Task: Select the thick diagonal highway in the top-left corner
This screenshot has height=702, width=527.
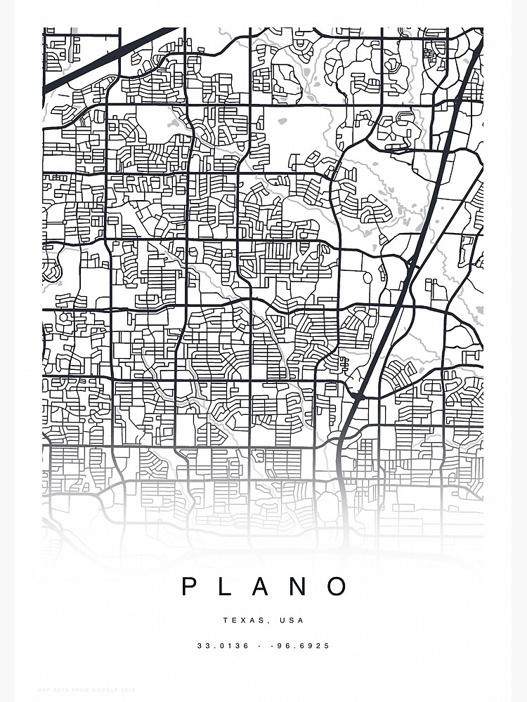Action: [105, 60]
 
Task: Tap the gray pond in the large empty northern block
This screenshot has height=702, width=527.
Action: [282, 121]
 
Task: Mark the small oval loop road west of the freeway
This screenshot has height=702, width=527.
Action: [367, 277]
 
